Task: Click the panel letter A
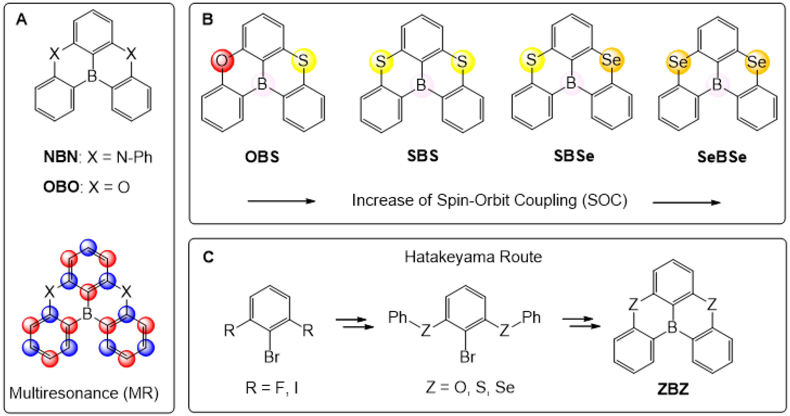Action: pyautogui.click(x=21, y=20)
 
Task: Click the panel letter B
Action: pyautogui.click(x=208, y=19)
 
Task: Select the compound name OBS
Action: pyautogui.click(x=262, y=157)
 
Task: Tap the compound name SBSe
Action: pyautogui.click(x=573, y=156)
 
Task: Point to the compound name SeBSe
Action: pyautogui.click(x=722, y=157)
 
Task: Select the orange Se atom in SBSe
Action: pyautogui.click(x=611, y=60)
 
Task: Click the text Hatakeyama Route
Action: pyautogui.click(x=473, y=257)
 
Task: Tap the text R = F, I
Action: pyautogui.click(x=271, y=388)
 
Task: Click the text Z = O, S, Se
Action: pyautogui.click(x=470, y=388)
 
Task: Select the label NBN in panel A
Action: pyautogui.click(x=61, y=157)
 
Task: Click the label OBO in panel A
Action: pyautogui.click(x=61, y=187)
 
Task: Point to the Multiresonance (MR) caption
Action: pyautogui.click(x=84, y=393)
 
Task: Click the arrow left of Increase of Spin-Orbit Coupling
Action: pyautogui.click(x=281, y=201)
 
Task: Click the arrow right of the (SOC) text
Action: pyautogui.click(x=686, y=203)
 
